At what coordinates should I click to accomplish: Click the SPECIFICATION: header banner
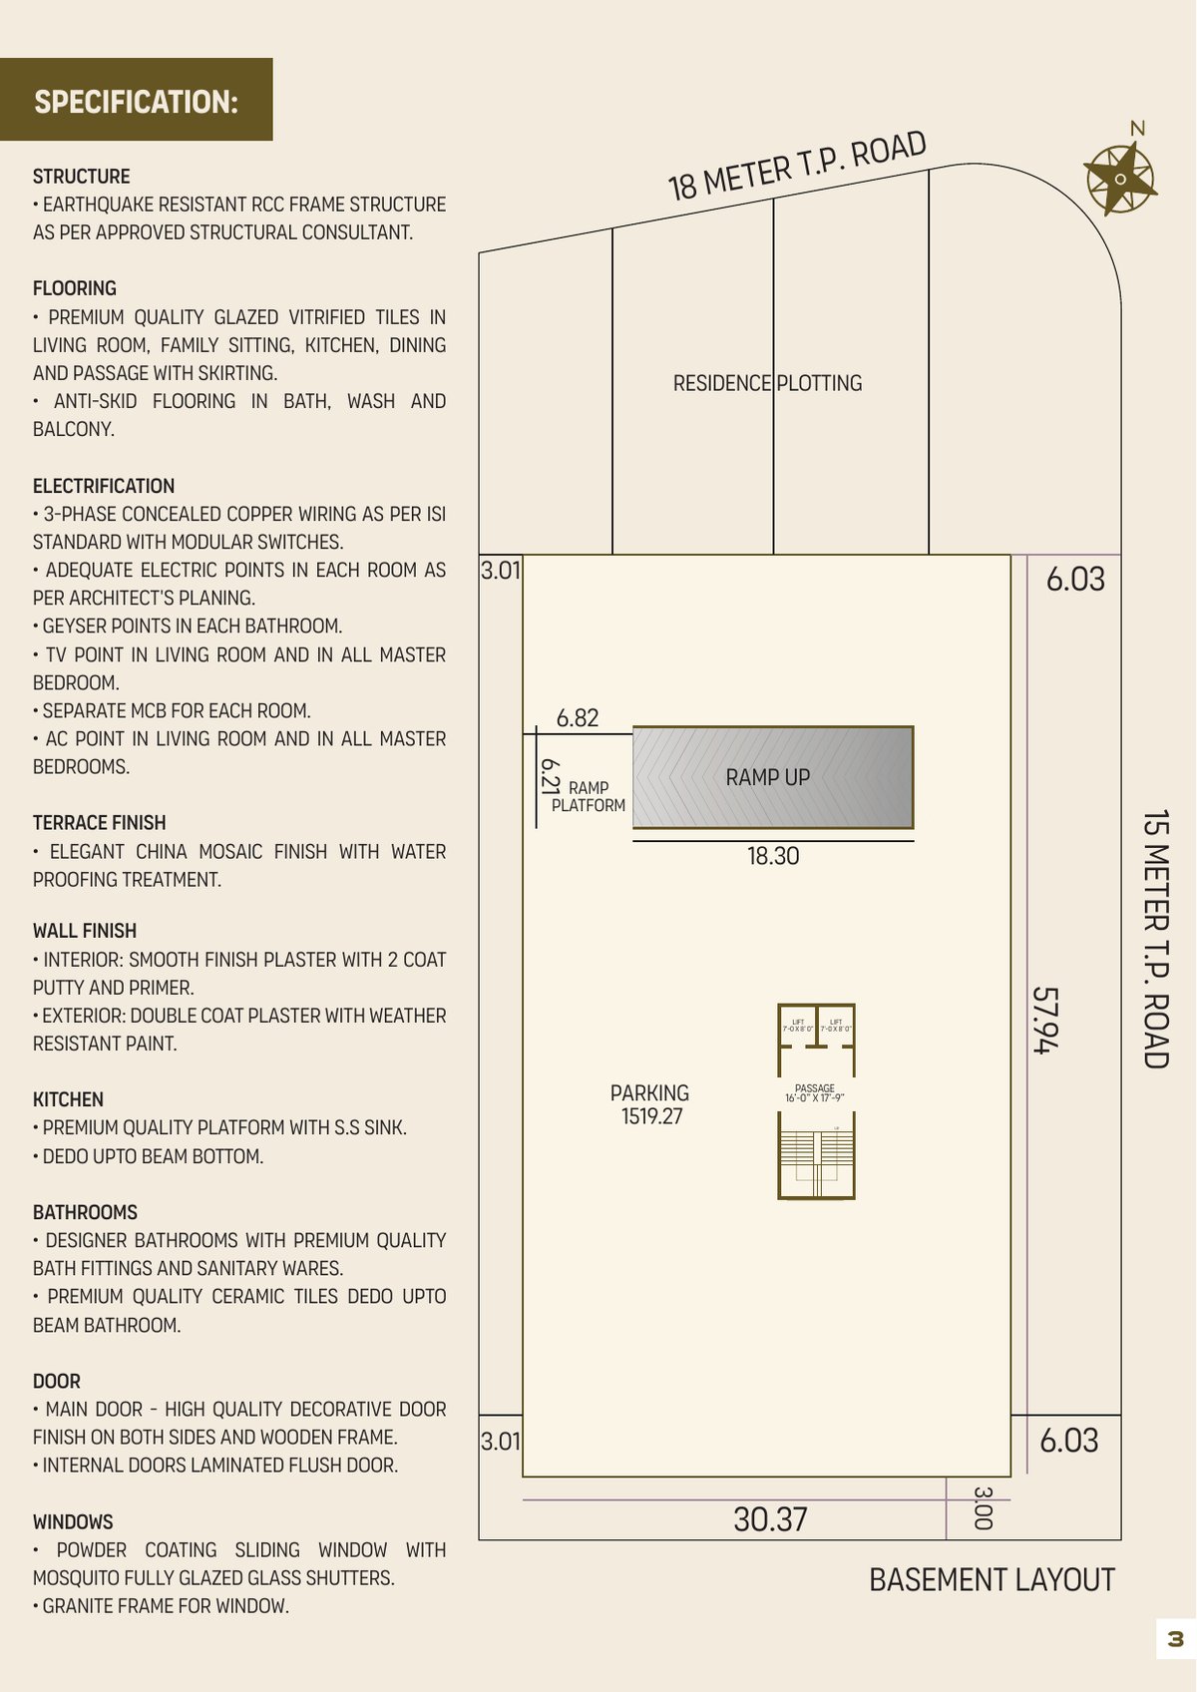(137, 100)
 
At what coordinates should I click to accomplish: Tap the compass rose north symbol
(1120, 179)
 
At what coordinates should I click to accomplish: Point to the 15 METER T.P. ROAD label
(1155, 939)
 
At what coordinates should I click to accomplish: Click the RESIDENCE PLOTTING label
(767, 383)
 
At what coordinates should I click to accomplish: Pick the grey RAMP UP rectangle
(772, 777)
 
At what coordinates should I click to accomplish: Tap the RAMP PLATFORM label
(589, 796)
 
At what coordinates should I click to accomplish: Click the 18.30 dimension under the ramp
(773, 856)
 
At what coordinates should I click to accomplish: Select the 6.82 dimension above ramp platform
(578, 718)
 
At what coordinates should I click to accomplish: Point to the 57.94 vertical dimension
(1044, 1020)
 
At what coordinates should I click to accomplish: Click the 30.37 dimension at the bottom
(770, 1519)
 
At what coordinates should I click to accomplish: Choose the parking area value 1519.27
(652, 1116)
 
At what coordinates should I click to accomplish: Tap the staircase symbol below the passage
(816, 1160)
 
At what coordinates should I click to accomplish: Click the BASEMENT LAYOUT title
(992, 1580)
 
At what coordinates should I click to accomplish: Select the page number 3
(1175, 1638)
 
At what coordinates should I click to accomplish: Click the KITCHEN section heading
(68, 1099)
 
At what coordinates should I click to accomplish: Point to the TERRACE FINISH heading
(99, 823)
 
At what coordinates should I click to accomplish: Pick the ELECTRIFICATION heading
(103, 486)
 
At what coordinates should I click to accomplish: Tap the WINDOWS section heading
(73, 1522)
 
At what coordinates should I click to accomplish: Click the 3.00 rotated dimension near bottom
(983, 1507)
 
